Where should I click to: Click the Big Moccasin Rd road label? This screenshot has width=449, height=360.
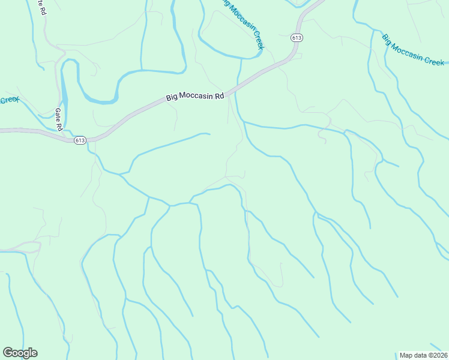[195, 97]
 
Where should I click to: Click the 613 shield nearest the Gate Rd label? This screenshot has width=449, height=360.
[80, 140]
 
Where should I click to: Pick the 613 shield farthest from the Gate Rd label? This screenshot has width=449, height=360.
[297, 37]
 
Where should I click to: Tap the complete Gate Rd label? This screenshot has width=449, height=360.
[58, 119]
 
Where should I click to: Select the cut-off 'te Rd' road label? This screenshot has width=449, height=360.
[41, 7]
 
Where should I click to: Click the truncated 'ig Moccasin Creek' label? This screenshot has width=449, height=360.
[243, 23]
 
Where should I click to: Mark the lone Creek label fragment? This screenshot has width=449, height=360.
[9, 100]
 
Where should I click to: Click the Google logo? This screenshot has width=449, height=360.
[20, 353]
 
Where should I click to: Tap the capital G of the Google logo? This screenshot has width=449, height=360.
[7, 353]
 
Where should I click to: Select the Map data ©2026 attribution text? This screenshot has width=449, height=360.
[423, 355]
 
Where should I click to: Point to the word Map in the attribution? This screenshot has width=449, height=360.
[407, 355]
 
